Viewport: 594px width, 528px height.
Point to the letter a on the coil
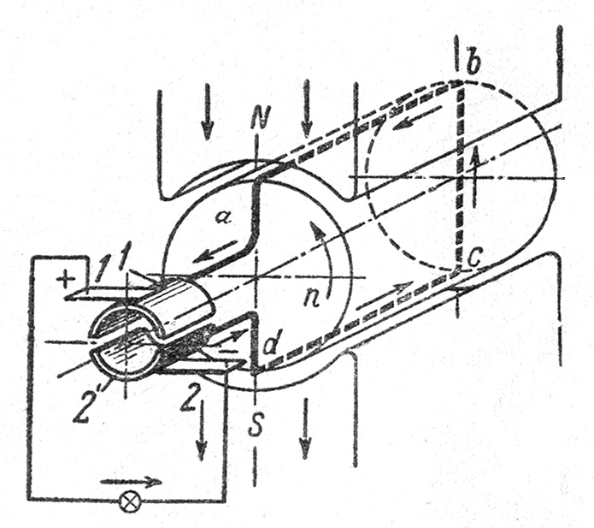coord(221,217)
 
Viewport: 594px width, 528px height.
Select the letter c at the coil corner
coord(473,259)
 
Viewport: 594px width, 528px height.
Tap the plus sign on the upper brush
coord(66,280)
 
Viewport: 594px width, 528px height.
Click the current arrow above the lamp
coord(131,482)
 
